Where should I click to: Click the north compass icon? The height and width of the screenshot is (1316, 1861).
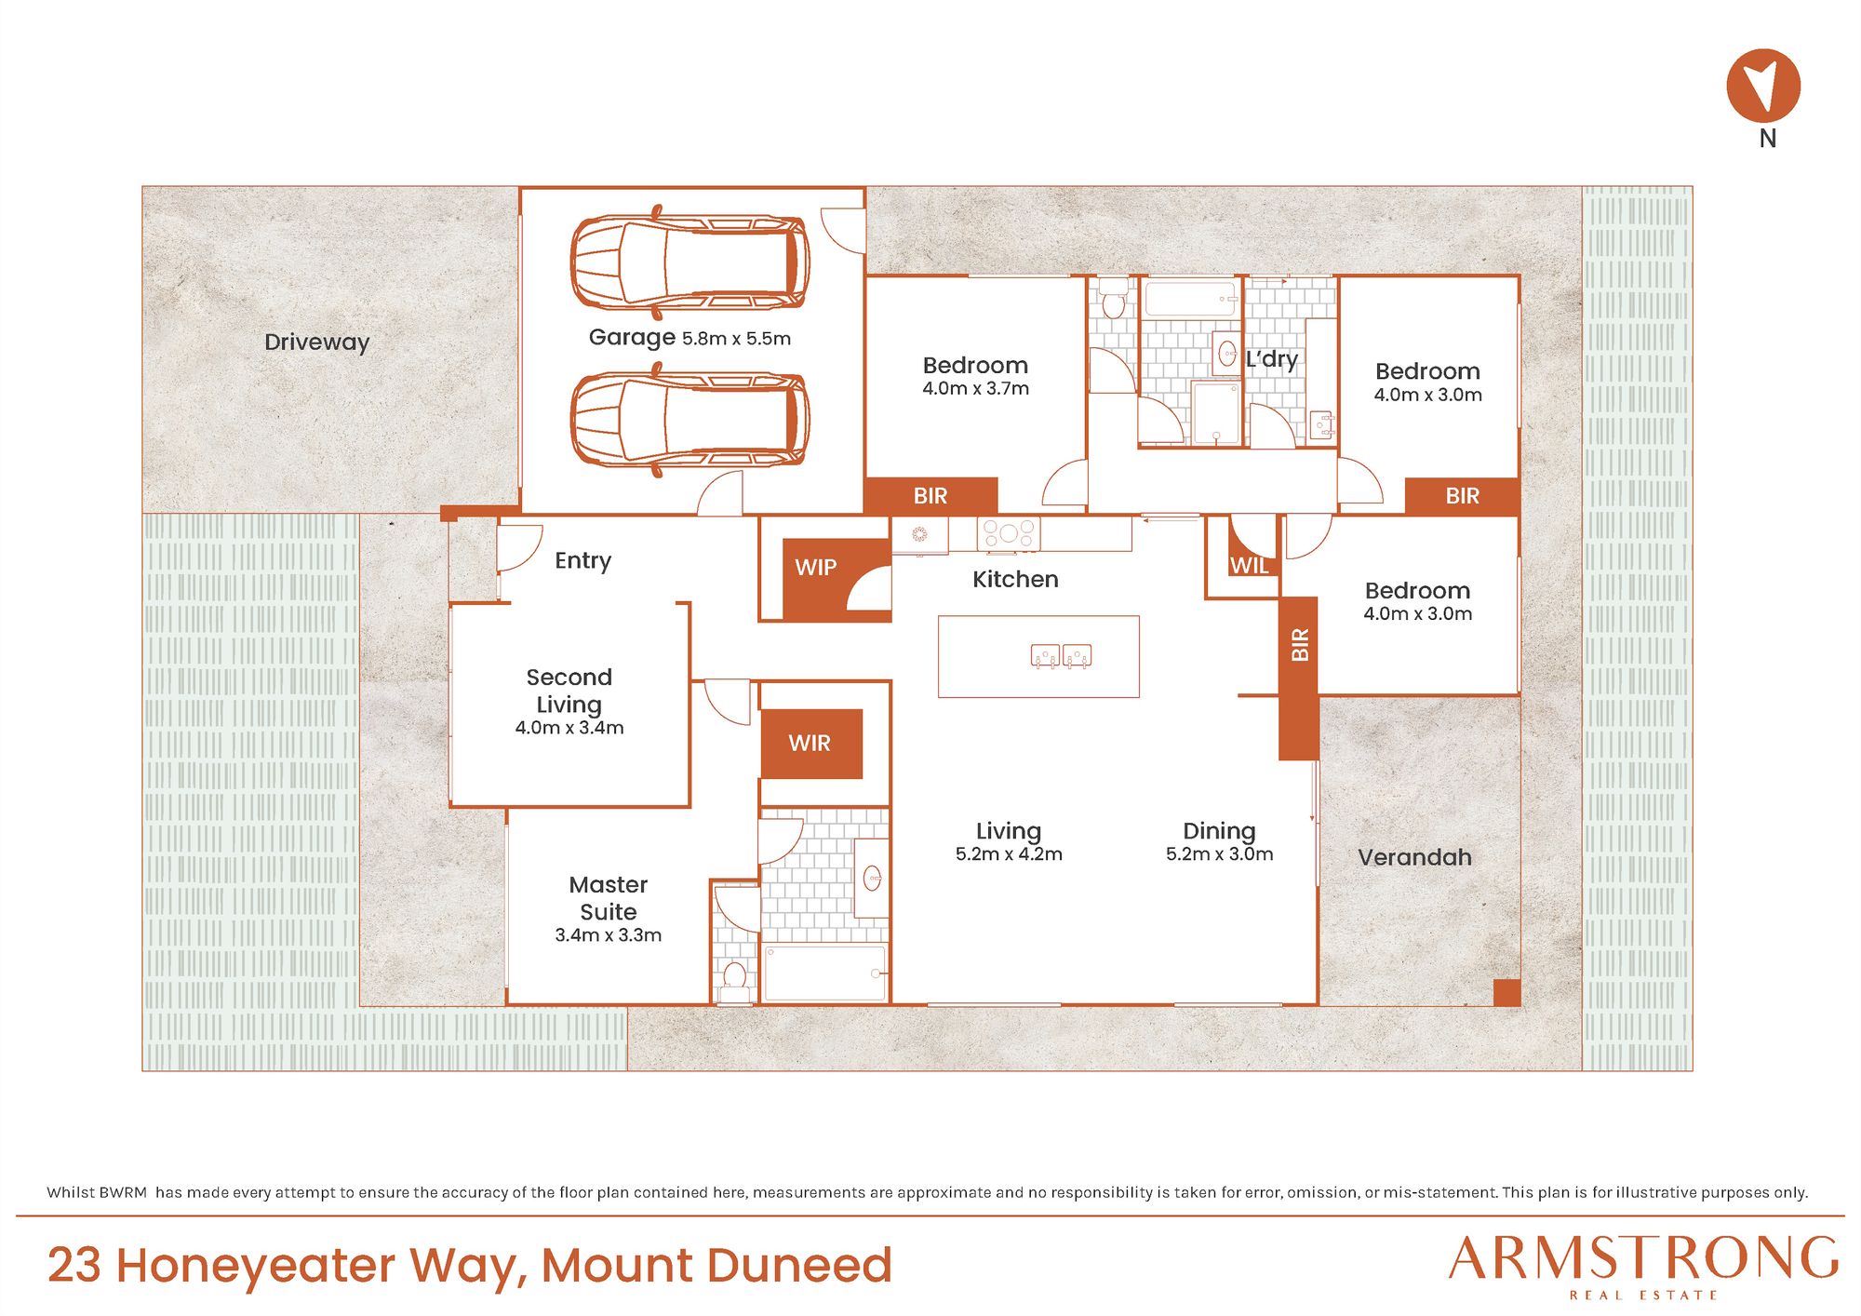(1763, 86)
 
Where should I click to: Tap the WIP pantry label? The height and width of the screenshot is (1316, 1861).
(815, 567)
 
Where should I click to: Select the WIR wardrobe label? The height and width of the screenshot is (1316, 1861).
(810, 743)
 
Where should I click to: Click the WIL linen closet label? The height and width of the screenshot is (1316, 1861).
(1249, 565)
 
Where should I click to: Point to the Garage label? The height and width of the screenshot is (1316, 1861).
(632, 338)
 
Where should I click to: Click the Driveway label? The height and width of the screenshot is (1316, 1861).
(316, 342)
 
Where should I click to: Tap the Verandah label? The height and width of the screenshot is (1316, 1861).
(1414, 857)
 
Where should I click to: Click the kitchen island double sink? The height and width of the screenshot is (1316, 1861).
(1061, 656)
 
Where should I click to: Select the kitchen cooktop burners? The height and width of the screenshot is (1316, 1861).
(1008, 534)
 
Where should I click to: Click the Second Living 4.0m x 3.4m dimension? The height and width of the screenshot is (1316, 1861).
(569, 728)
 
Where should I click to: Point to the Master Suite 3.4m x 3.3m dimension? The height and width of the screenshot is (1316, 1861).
(608, 935)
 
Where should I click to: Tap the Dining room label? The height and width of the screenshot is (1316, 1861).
(1219, 830)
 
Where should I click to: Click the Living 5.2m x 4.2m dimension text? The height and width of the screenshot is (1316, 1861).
(1009, 854)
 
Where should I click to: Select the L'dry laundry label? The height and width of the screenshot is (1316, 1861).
(1271, 359)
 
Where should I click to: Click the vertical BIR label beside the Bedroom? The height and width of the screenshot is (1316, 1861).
(1300, 645)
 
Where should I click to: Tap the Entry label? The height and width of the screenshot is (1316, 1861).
(582, 560)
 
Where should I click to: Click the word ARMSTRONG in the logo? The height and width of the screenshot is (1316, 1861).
(1643, 1258)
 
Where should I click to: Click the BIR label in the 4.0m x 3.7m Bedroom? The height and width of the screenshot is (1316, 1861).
(930, 496)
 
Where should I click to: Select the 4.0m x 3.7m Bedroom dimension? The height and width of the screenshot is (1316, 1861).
(975, 389)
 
